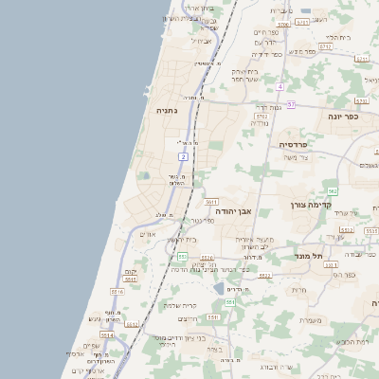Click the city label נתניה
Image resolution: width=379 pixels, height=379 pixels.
166,111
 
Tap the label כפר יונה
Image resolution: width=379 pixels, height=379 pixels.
344,117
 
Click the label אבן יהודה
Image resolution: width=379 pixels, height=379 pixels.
234,212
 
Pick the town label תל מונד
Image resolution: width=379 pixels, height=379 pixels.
309,256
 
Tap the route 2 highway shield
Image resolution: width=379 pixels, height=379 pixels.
182,155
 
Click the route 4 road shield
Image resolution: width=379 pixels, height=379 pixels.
281,86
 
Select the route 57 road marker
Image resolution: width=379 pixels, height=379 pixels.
292,104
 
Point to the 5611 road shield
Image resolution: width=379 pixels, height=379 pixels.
210,202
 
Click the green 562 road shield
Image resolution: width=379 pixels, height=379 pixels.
333,191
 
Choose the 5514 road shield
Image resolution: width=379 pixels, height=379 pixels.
107,334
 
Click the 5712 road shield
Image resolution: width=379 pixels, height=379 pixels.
325,45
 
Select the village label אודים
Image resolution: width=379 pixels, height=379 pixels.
147,235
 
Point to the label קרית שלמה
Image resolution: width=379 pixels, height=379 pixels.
179,305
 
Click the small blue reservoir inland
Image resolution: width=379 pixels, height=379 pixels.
220,288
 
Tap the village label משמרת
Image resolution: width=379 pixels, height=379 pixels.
311,319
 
